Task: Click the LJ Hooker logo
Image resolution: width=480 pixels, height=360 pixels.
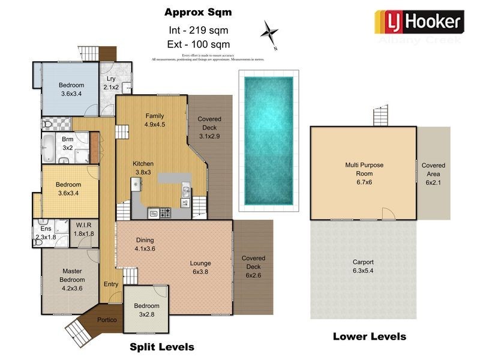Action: tap(419, 23)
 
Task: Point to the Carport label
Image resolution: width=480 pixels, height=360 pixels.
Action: tap(363, 266)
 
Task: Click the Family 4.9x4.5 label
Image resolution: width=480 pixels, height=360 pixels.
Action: tap(155, 121)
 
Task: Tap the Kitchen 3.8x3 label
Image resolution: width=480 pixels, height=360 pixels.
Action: tap(143, 168)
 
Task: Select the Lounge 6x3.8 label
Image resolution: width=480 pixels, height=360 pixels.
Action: tap(200, 268)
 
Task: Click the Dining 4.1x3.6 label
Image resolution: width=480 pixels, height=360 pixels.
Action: tap(145, 244)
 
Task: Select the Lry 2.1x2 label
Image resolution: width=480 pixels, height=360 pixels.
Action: tap(111, 83)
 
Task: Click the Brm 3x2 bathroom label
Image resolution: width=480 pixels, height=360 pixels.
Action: tap(67, 143)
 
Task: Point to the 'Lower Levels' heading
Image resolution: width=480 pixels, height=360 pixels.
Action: tap(369, 337)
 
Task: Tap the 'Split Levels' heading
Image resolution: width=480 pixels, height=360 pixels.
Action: tap(162, 347)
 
